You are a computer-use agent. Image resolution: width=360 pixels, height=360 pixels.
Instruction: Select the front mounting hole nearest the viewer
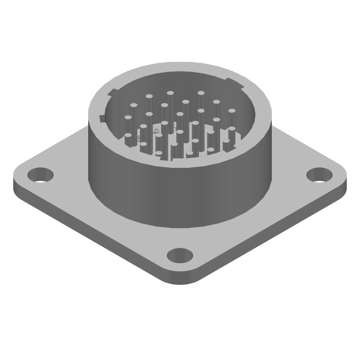click(x=180, y=255)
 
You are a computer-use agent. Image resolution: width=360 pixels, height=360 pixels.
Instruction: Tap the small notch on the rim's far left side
click(x=102, y=118)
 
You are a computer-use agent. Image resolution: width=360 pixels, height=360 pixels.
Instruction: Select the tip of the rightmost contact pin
click(x=232, y=111)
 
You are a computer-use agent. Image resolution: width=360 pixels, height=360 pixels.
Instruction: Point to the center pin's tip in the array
click(x=180, y=113)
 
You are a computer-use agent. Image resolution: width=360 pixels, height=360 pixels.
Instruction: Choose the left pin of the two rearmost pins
click(x=171, y=93)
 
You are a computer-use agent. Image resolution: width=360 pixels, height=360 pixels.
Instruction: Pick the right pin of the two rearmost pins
click(x=201, y=93)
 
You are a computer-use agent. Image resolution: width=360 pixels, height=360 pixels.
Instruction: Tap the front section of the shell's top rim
click(x=180, y=165)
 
